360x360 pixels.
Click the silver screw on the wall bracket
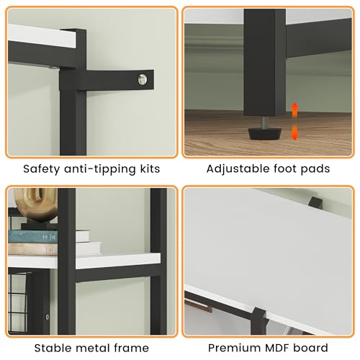point(143,79)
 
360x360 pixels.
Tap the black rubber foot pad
point(264,134)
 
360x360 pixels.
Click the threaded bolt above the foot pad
point(264,122)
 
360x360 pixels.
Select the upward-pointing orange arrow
point(294,110)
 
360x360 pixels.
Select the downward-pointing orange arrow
point(294,132)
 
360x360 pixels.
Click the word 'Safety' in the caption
point(41,169)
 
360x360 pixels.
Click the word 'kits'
point(150,168)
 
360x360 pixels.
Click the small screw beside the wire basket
point(48,317)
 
